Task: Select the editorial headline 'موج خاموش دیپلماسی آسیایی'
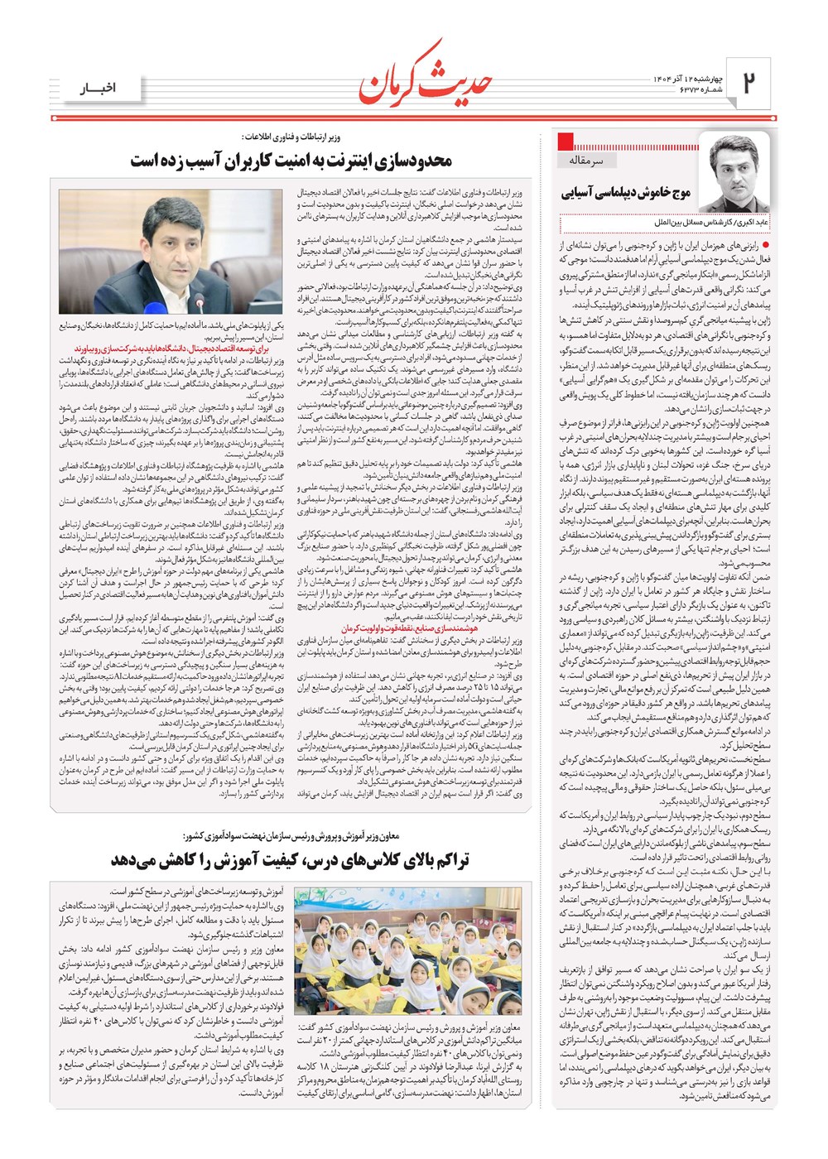(x=626, y=193)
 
